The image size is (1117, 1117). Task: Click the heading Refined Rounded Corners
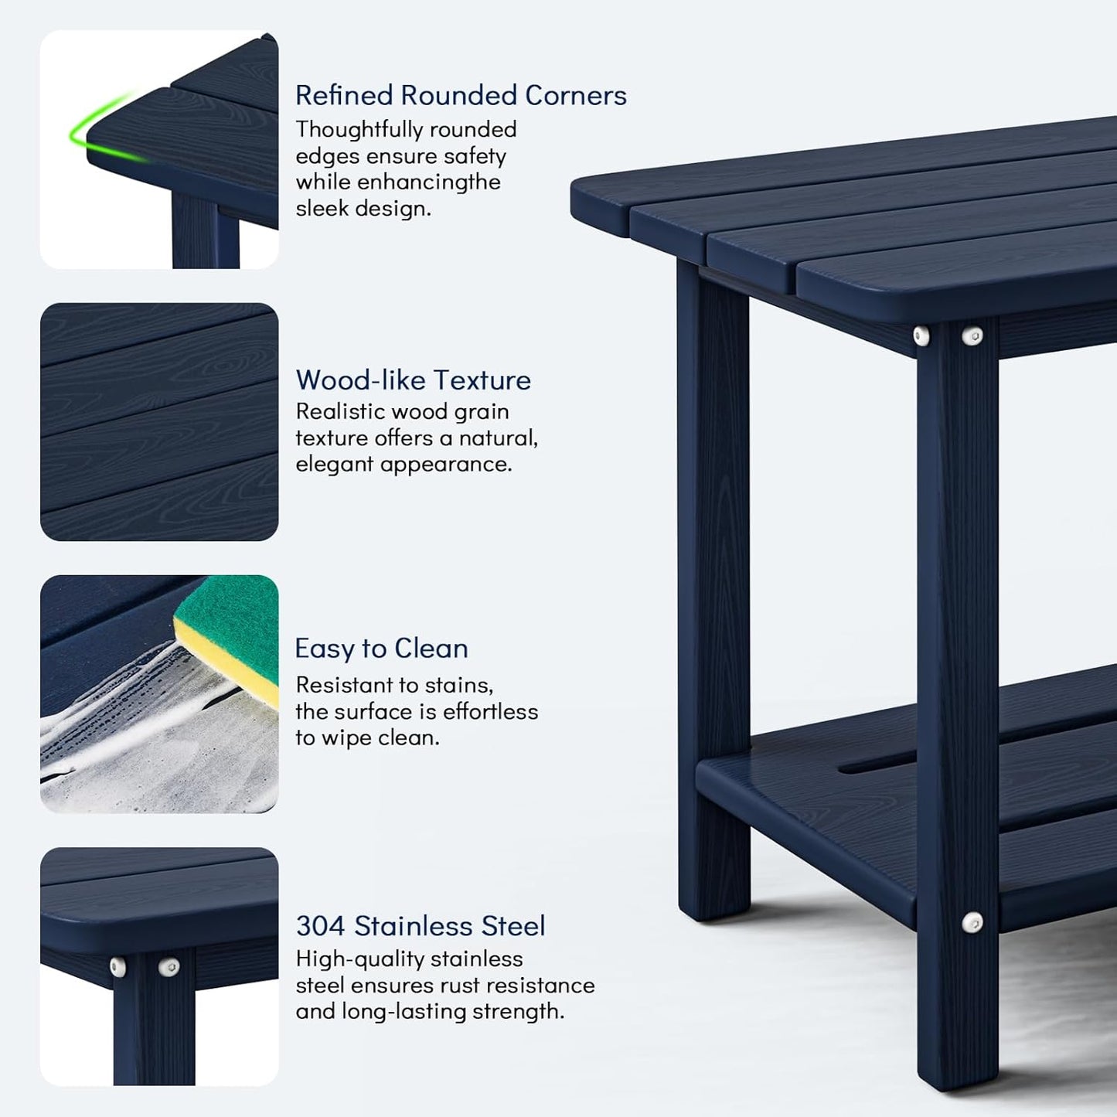461,95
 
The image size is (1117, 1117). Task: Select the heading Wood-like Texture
413,380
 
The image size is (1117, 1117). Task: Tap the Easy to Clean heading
381,648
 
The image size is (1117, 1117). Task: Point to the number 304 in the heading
320,925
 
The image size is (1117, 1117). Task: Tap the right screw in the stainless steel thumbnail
167,967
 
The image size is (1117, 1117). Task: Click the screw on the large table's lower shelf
972,921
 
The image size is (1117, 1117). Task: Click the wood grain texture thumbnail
159,422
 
